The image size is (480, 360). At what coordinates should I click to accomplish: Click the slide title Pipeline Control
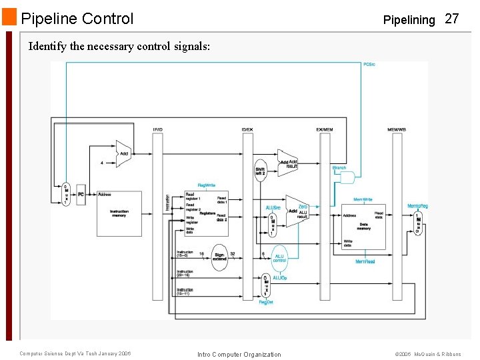[77, 19]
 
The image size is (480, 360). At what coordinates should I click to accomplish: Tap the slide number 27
[452, 19]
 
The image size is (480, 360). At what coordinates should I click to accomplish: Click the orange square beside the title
[9, 17]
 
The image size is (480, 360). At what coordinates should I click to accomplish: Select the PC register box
[81, 194]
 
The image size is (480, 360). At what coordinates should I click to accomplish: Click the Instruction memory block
[119, 213]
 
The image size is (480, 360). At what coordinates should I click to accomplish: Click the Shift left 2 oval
[260, 171]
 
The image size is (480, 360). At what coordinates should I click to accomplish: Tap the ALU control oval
[279, 258]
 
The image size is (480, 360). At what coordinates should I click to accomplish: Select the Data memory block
[363, 225]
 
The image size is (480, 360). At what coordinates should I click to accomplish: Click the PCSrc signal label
[369, 65]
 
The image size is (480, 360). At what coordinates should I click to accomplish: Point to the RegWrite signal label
[206, 185]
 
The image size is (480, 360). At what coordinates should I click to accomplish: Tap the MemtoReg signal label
[417, 206]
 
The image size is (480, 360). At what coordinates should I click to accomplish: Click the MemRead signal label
[365, 262]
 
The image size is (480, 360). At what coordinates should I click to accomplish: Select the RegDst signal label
[266, 303]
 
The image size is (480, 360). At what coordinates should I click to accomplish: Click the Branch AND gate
[347, 177]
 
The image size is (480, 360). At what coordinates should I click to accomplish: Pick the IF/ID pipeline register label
[157, 129]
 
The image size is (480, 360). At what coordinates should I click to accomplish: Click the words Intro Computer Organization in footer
[239, 354]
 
